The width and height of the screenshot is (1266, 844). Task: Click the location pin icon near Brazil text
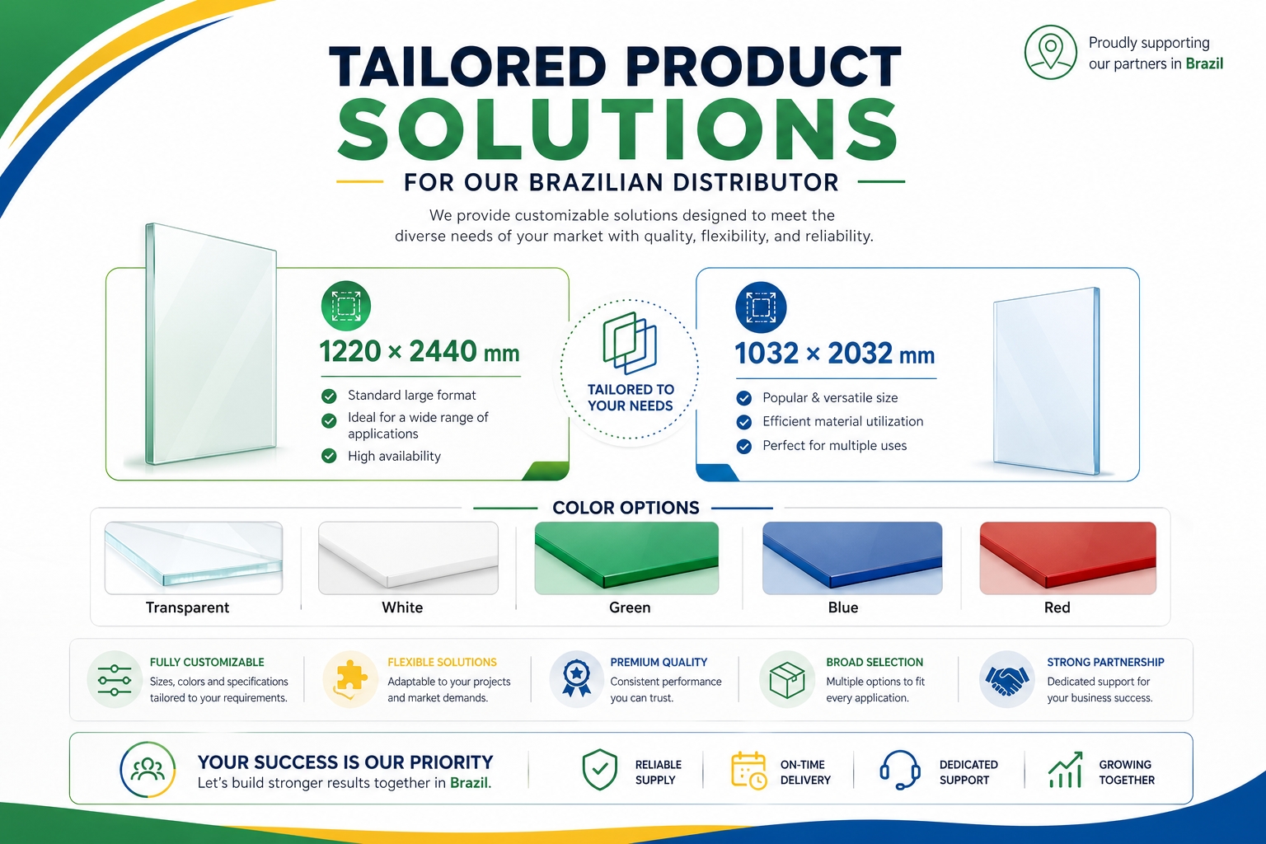[1050, 52]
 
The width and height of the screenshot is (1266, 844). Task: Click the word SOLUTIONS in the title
[617, 130]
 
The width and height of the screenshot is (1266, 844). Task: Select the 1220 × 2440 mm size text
[420, 351]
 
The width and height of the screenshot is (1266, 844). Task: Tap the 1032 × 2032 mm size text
[834, 354]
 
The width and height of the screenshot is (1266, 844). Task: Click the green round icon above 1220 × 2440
[346, 306]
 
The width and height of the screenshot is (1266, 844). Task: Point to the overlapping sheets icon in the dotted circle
[630, 343]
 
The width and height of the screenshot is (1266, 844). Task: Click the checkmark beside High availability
[329, 456]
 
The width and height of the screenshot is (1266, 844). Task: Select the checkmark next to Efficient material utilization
[743, 422]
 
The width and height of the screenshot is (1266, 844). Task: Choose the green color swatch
[626, 558]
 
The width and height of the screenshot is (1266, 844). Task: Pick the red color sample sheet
[1067, 558]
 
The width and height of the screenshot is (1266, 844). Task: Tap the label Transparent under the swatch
[187, 607]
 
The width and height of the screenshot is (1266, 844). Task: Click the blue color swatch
[852, 558]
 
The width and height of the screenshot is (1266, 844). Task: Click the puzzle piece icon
[349, 678]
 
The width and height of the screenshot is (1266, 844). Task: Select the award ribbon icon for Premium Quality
[576, 678]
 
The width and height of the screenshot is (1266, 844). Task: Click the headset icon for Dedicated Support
[900, 769]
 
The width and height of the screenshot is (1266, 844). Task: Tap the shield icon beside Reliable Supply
[600, 769]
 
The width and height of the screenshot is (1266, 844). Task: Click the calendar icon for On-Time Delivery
[749, 770]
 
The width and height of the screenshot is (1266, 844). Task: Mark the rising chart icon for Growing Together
[1066, 769]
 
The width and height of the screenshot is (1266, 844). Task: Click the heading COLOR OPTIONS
[626, 508]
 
